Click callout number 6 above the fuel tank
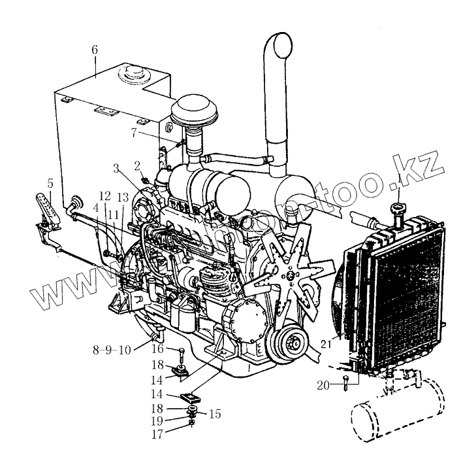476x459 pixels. [x=95, y=50]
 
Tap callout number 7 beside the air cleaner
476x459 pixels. [x=134, y=132]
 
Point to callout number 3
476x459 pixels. [x=115, y=169]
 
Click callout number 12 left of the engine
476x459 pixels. [x=104, y=196]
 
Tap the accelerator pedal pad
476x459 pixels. [x=45, y=207]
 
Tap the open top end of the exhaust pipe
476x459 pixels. [x=279, y=46]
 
